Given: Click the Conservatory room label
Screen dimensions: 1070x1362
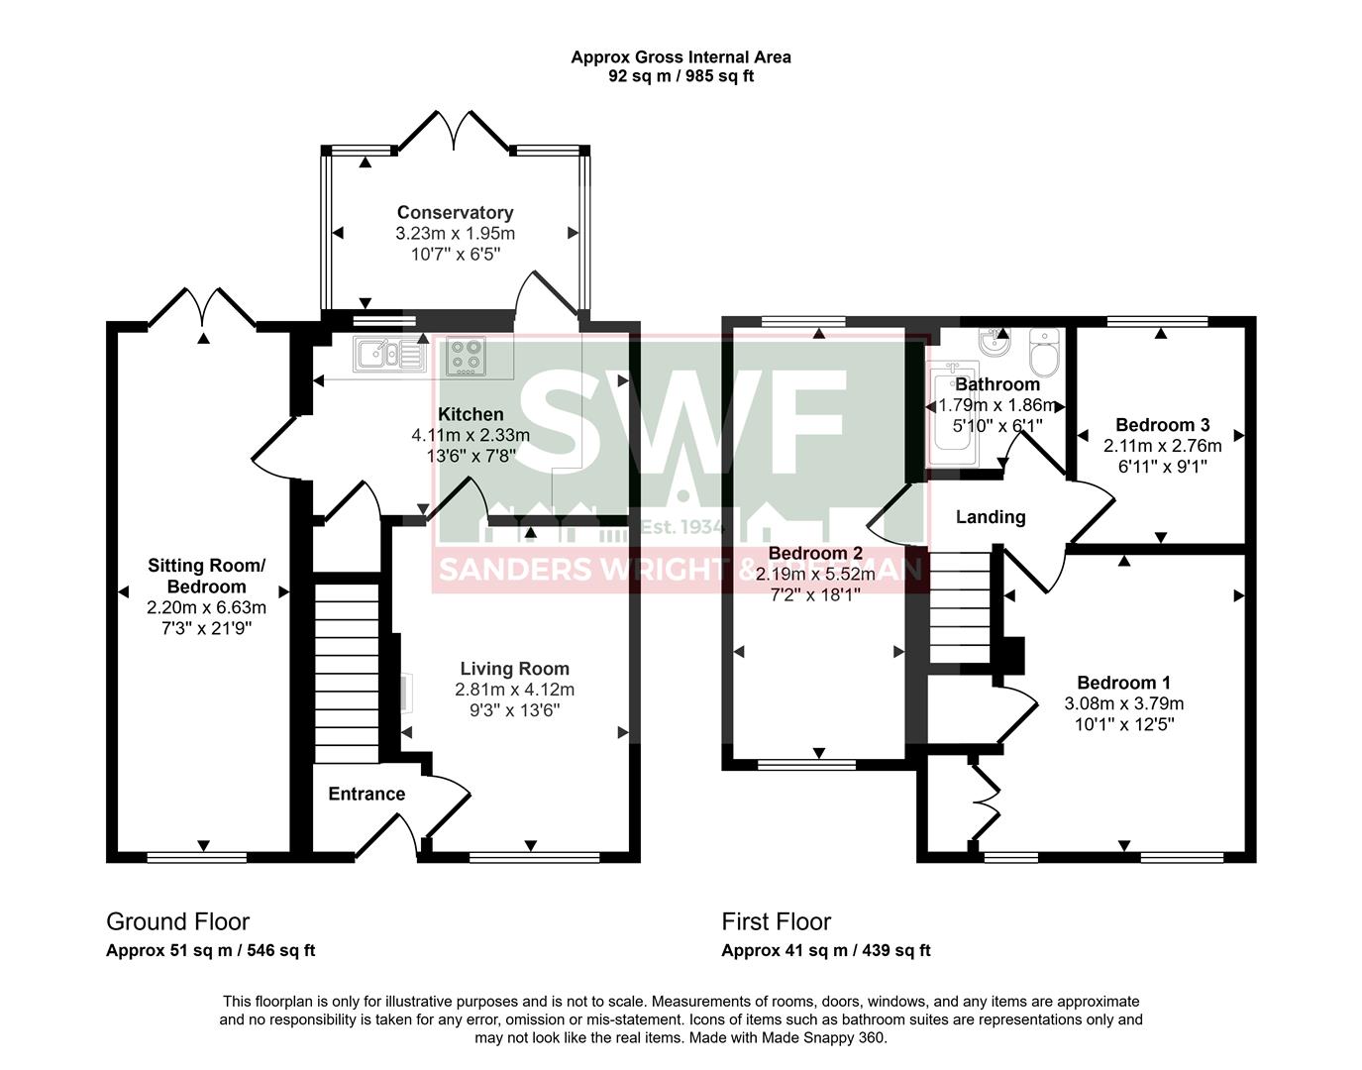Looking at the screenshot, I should [455, 212].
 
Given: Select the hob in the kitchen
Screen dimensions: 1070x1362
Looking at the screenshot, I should [466, 357].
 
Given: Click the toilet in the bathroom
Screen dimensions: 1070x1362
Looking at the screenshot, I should [1044, 350].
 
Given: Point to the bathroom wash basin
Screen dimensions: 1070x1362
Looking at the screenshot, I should [994, 344].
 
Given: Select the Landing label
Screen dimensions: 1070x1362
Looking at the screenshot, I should [990, 516].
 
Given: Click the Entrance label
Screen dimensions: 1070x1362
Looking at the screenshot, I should [367, 794].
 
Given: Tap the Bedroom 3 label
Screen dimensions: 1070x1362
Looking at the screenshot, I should [1162, 425].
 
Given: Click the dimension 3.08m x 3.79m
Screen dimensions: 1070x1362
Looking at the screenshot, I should [1123, 703].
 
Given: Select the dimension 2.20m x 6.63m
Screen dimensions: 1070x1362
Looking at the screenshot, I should [206, 607].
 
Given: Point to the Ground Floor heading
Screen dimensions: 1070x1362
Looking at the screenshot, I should [177, 921].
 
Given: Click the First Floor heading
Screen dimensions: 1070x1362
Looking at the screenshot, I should [776, 921].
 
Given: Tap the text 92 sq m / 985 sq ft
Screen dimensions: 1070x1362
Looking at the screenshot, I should [681, 75].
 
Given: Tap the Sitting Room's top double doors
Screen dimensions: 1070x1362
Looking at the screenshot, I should [202, 307].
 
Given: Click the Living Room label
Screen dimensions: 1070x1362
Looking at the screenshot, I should [514, 669].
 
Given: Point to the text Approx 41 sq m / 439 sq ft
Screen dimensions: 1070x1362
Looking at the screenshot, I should [825, 950].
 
